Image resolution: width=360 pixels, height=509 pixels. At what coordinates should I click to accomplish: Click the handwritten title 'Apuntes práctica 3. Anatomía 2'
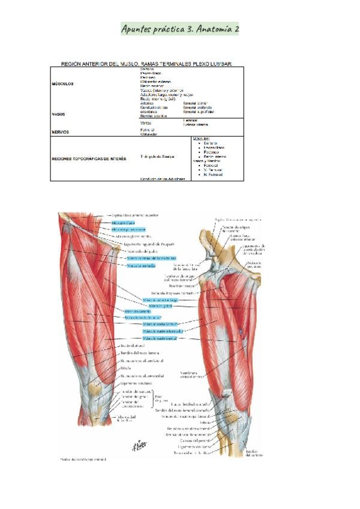(180, 28)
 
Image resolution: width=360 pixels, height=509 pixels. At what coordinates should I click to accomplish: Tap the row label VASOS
(59, 113)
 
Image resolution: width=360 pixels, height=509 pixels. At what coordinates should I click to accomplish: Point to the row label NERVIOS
(61, 132)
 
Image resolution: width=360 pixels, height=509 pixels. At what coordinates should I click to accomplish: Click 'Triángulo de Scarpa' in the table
(157, 157)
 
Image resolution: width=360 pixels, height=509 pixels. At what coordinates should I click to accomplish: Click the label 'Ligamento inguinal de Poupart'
(147, 244)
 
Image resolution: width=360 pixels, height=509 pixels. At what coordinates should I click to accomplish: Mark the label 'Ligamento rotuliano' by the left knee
(137, 382)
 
